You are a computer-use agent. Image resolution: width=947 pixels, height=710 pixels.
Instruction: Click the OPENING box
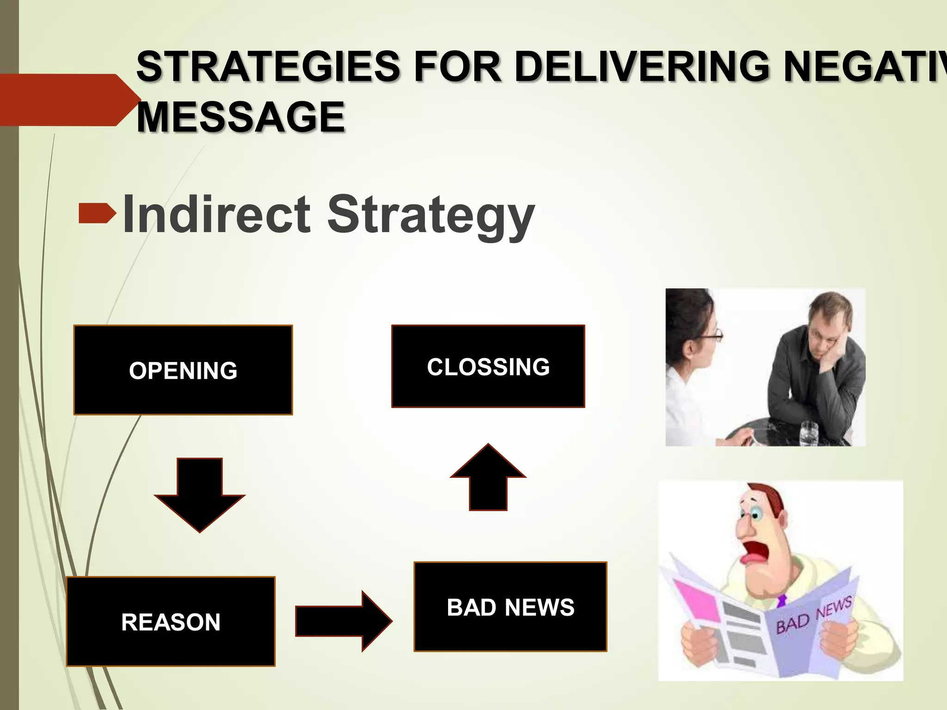183,370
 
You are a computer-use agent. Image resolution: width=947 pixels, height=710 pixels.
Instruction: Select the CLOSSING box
488,366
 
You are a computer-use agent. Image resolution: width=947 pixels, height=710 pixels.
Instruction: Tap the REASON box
171,621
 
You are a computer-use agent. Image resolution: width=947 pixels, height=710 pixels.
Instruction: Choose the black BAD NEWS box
510,606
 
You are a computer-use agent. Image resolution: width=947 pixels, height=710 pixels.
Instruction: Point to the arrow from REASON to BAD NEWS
343,621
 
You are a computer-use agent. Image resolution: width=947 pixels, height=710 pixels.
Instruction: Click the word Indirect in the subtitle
216,215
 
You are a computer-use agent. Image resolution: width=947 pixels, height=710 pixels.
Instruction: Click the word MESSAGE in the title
241,117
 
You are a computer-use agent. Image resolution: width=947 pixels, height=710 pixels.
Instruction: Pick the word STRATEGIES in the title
268,67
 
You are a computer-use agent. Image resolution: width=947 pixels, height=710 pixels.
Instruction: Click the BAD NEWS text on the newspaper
813,615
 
